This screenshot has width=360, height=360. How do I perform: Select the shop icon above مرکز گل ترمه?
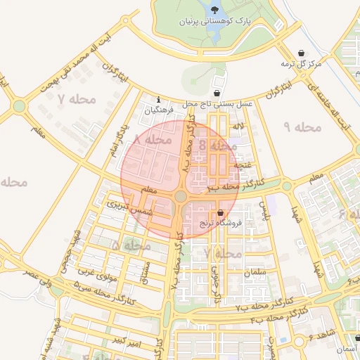click(x=302, y=53)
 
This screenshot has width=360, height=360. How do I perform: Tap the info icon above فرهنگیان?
click(x=159, y=99)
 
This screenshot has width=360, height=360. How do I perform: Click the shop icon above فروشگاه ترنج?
click(x=221, y=212)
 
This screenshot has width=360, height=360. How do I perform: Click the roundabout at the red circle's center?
click(x=181, y=197)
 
